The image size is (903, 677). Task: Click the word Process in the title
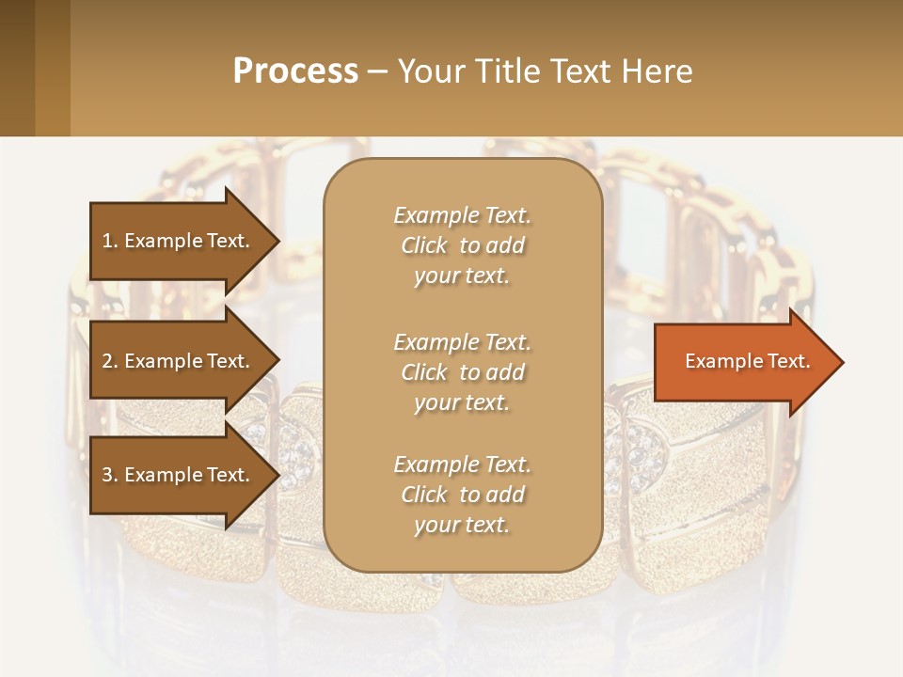click(295, 71)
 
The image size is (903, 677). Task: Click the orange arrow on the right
click(743, 362)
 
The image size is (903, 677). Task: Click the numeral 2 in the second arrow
click(106, 361)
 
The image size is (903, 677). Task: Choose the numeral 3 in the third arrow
click(106, 475)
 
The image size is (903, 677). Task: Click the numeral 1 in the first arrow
click(106, 241)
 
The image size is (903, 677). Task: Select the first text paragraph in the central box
click(462, 245)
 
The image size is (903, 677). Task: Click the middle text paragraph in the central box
click(462, 372)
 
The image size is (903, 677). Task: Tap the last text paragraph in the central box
click(462, 495)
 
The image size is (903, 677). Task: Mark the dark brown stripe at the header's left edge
click(17, 68)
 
